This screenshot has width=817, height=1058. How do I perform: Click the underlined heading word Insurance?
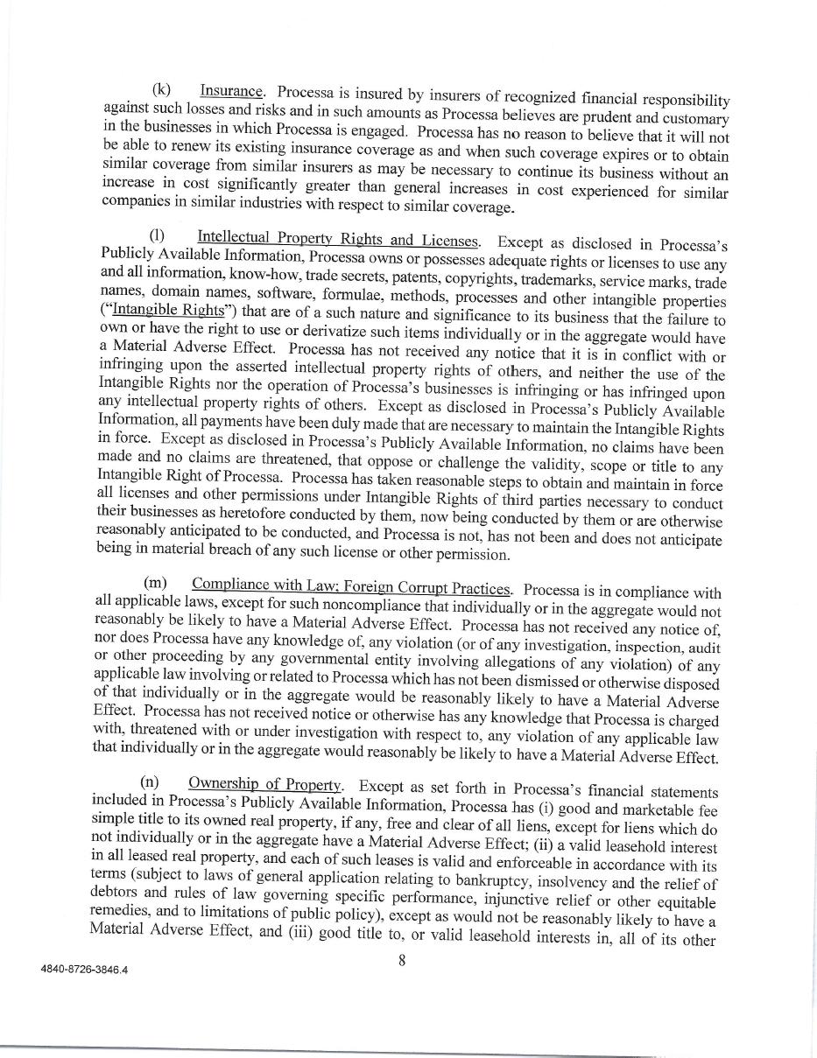[232, 90]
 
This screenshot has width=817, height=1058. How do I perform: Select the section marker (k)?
[162, 89]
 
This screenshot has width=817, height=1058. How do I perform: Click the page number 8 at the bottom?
[402, 959]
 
